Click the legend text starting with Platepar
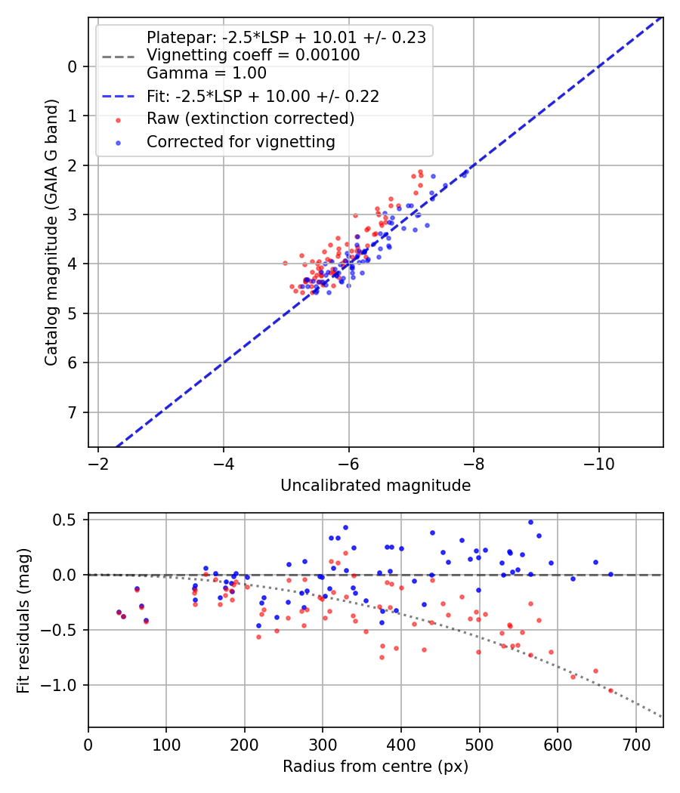[x=286, y=37]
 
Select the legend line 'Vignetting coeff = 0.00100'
[x=253, y=55]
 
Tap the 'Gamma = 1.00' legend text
[x=206, y=73]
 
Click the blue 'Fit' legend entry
[x=262, y=96]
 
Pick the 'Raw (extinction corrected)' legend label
[x=250, y=119]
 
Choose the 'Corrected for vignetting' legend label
[x=240, y=141]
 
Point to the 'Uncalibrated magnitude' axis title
[x=376, y=486]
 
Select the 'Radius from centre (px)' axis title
[x=376, y=767]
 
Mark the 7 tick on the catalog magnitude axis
[x=73, y=412]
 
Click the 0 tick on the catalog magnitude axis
[x=73, y=66]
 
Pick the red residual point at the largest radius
[x=610, y=690]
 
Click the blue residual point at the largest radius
[x=610, y=574]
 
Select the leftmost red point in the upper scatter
[x=285, y=263]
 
